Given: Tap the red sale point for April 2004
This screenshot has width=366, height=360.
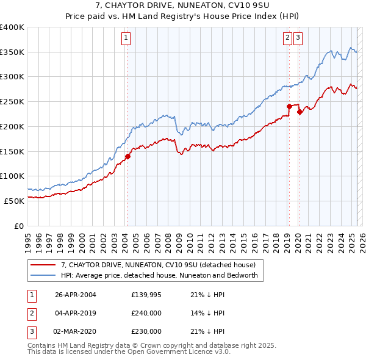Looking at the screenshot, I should [x=127, y=156].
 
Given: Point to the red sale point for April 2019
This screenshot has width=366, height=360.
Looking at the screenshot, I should [x=289, y=106].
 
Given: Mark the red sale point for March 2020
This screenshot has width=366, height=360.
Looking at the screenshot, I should [x=299, y=112].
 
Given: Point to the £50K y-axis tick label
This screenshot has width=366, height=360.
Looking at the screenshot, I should [x=15, y=201].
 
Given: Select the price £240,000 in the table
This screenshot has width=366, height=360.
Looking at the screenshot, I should [x=146, y=314].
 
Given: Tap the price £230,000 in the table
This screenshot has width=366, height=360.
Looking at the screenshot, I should [x=146, y=331].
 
